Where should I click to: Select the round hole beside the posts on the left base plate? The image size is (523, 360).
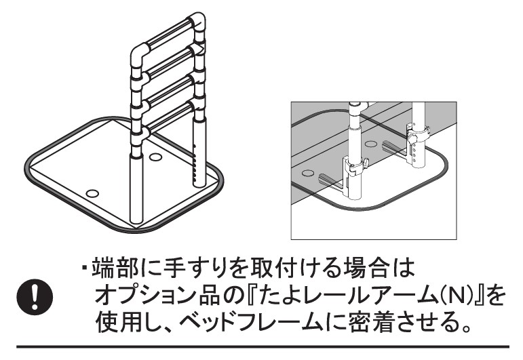[155, 157]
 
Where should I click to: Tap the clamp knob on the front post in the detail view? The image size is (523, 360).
[364, 163]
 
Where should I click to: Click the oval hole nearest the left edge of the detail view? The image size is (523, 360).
[309, 173]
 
